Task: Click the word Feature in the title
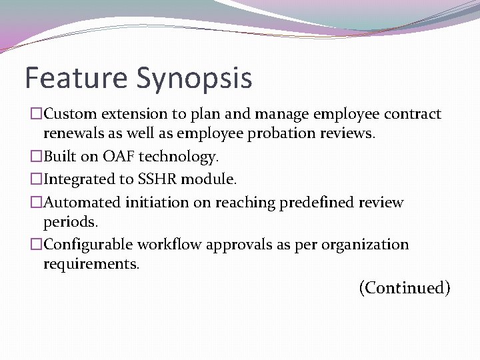(x=76, y=77)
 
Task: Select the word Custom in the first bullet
(x=70, y=114)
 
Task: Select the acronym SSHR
(x=157, y=179)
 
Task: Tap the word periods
(x=69, y=221)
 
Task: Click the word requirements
(x=91, y=264)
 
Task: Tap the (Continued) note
(x=405, y=288)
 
